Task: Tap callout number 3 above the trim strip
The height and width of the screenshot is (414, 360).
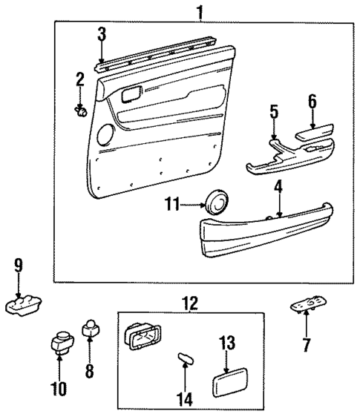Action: (102, 33)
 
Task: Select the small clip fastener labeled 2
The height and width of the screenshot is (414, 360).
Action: (81, 111)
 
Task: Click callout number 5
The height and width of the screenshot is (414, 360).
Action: (274, 114)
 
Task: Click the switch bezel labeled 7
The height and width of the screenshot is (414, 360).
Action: (307, 306)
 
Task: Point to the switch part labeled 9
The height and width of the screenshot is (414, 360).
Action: (23, 304)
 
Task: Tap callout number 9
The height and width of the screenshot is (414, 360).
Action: (18, 265)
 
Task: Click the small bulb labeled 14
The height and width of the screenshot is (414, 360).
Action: (183, 360)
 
